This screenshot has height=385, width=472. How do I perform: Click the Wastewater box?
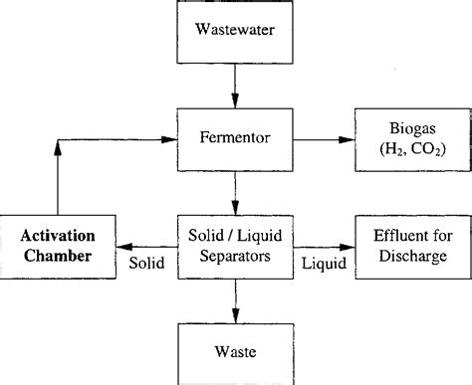click(x=235, y=31)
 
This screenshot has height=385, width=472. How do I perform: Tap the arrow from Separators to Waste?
click(x=235, y=297)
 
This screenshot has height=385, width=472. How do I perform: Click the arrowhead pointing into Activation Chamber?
click(x=130, y=246)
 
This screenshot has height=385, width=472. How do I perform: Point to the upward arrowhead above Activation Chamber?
click(x=61, y=148)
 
